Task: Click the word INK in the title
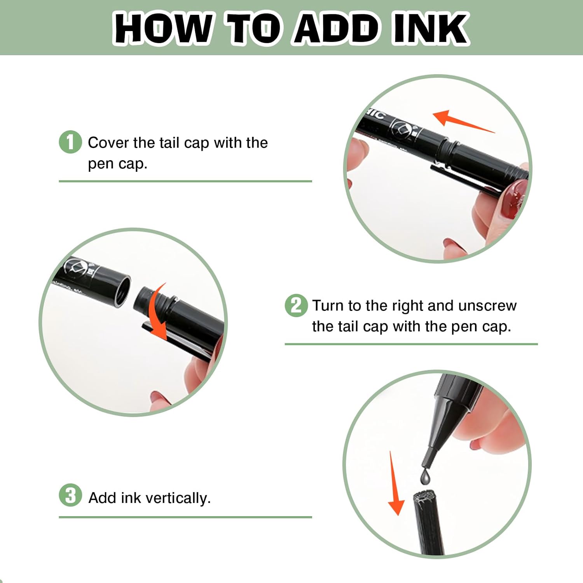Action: pos(431,28)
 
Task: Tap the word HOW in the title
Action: pos(163,28)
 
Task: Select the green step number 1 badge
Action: pos(70,142)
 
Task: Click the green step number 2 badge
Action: pos(296,305)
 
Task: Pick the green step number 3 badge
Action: pos(70,495)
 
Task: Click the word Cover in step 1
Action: pos(108,143)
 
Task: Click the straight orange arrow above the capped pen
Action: pos(463,121)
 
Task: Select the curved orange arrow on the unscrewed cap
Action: pos(155,311)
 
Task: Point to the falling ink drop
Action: pos(426,477)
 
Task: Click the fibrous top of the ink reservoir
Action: pos(423,496)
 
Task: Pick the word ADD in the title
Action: pos(336,28)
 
